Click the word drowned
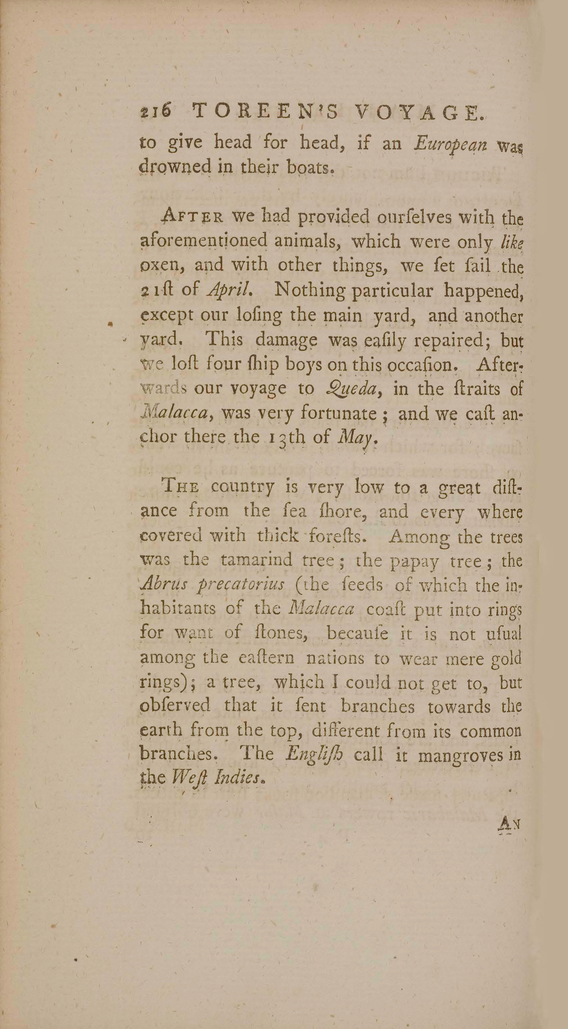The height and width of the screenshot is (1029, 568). click(x=174, y=168)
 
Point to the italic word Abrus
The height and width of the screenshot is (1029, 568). click(x=164, y=585)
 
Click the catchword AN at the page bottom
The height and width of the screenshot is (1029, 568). click(x=509, y=823)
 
